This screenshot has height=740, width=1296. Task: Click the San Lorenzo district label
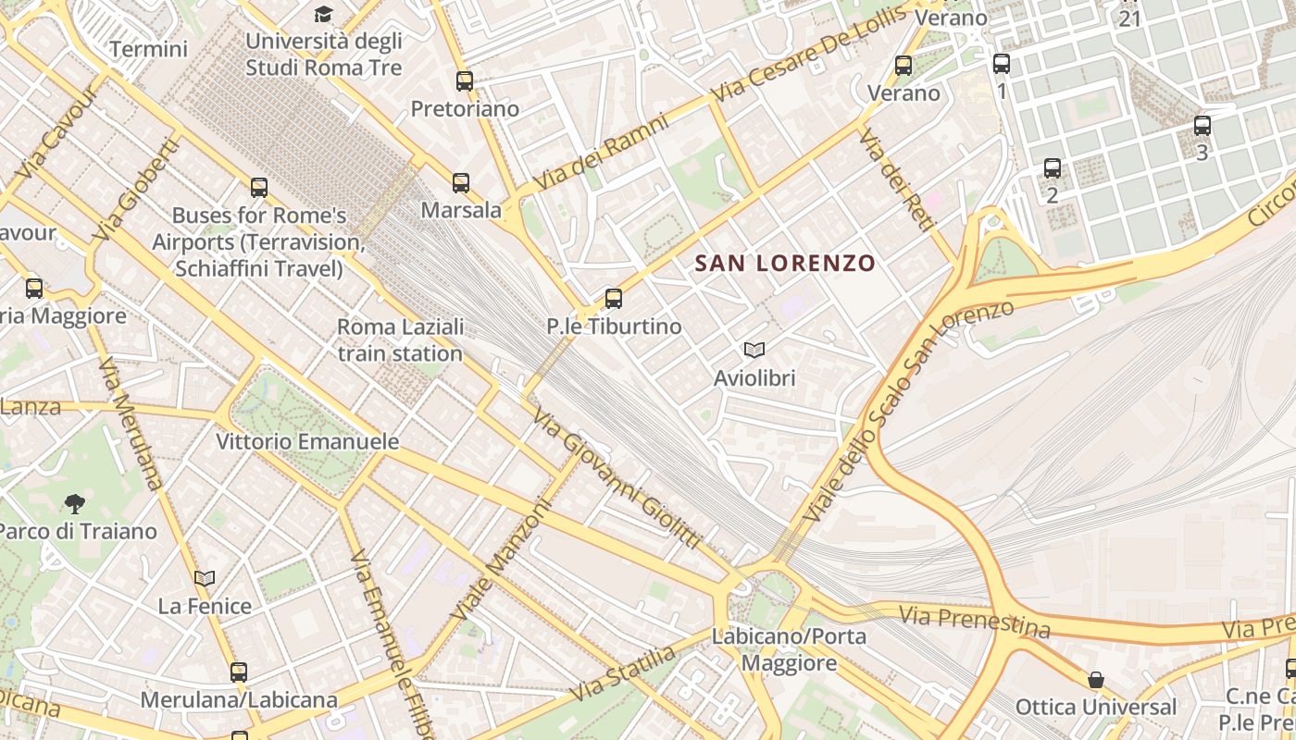[784, 264]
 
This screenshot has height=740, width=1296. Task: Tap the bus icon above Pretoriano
[465, 81]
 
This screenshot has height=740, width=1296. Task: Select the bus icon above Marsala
[461, 183]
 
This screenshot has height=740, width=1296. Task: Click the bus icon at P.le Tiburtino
[613, 299]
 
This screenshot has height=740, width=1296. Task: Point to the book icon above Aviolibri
[754, 351]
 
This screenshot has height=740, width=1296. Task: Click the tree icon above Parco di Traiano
[75, 504]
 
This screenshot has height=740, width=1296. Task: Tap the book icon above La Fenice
[205, 579]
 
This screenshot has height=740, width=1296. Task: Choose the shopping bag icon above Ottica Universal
[1096, 681]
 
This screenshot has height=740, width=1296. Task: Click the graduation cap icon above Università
[323, 14]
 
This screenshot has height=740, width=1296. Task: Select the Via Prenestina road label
[975, 622]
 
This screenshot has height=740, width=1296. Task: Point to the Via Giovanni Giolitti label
[617, 478]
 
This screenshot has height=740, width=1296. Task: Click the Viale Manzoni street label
[501, 561]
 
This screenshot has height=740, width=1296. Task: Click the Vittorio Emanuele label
[307, 442]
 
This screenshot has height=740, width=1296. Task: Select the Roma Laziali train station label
[400, 340]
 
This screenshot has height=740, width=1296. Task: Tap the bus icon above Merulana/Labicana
[239, 672]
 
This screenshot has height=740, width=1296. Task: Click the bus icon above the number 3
[1202, 126]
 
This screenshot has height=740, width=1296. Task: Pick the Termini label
[148, 49]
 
